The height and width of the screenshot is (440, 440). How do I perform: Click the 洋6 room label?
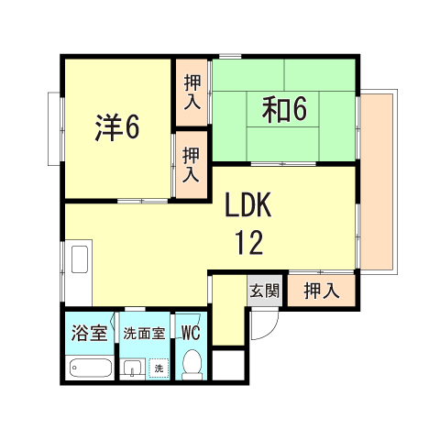(116, 126)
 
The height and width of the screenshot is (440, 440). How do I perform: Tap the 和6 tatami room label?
(284, 109)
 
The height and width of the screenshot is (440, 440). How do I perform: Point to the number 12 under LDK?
(248, 242)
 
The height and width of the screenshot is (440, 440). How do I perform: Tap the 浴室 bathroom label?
(89, 332)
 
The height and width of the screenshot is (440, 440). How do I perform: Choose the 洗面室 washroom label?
(145, 332)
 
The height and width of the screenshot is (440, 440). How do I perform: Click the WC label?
(192, 332)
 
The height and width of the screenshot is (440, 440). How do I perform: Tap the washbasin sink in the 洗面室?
(134, 368)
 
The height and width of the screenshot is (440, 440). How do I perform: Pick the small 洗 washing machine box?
(158, 368)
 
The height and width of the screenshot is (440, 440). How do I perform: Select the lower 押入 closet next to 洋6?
(192, 163)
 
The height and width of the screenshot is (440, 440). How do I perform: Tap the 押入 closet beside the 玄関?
(321, 291)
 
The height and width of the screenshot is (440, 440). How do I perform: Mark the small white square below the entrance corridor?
(228, 366)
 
